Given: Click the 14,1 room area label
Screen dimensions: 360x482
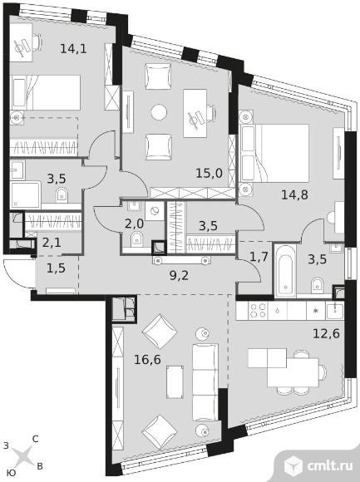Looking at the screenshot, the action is [x=73, y=48].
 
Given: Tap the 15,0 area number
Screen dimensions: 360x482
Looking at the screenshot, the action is [x=209, y=174].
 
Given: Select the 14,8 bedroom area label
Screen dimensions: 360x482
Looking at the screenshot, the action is [x=294, y=194].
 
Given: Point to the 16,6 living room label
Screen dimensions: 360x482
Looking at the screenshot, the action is [x=147, y=359].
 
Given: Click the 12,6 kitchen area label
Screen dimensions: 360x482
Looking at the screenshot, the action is [x=326, y=333].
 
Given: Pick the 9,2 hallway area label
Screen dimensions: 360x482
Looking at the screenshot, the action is [x=179, y=276].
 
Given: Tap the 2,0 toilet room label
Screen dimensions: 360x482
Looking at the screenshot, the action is [x=134, y=224].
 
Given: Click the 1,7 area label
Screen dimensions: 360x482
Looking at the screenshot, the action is [x=258, y=257].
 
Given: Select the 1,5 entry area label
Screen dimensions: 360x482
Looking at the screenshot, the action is [x=56, y=268].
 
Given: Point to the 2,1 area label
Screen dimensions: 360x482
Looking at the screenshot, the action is [x=52, y=243].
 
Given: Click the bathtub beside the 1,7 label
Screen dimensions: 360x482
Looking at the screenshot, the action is [x=284, y=271].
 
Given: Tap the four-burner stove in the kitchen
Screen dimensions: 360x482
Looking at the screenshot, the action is [x=258, y=311].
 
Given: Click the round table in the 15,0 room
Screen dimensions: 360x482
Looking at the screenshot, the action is [x=159, y=112].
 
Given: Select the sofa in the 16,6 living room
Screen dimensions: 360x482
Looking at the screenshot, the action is [x=205, y=382].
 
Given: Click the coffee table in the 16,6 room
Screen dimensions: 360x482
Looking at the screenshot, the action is [x=175, y=382].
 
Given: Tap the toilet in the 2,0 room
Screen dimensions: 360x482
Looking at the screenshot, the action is [x=136, y=239].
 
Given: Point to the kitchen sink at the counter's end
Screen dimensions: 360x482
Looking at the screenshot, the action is [x=335, y=311].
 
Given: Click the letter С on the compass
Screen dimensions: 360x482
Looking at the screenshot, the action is [x=36, y=439].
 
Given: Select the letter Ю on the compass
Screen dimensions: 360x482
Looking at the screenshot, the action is [x=11, y=473].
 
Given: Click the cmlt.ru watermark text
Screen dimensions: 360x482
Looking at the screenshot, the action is [x=329, y=466].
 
